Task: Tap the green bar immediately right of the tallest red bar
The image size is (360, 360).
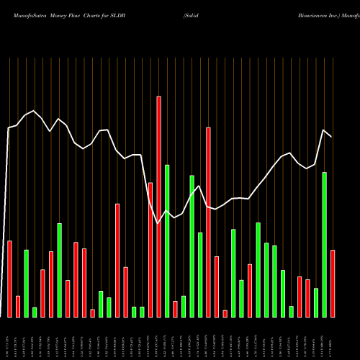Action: (x=167, y=241)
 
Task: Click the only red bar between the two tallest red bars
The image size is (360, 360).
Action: (x=175, y=309)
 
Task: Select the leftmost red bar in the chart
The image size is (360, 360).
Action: (x=9, y=279)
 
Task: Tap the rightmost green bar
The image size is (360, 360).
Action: (x=324, y=245)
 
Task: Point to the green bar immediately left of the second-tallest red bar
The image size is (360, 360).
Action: (x=200, y=274)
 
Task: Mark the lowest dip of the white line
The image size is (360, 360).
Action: (x=158, y=224)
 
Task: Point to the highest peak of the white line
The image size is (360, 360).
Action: (x=34, y=111)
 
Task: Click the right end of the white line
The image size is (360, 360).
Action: (x=332, y=136)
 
